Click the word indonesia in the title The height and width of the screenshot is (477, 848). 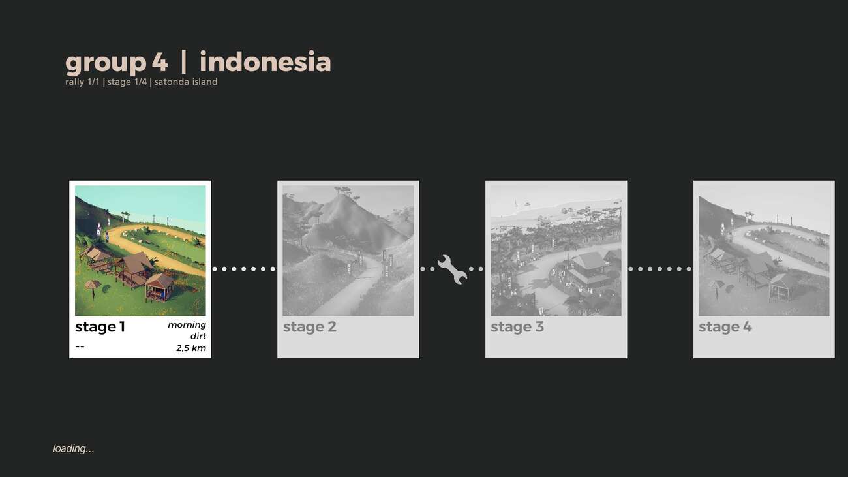tap(265, 61)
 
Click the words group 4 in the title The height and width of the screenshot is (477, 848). tap(116, 63)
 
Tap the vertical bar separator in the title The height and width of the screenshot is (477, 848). tap(183, 62)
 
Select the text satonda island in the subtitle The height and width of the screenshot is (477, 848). tap(186, 82)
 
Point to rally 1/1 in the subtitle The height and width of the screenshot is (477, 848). tap(82, 82)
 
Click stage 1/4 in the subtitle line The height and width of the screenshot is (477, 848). tap(127, 82)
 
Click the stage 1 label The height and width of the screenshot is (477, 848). tap(100, 327)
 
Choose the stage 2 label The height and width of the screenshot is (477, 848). tap(309, 327)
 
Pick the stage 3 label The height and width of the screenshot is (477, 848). tap(517, 327)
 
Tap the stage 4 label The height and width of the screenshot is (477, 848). tap(725, 327)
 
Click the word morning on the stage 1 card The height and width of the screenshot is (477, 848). tap(187, 325)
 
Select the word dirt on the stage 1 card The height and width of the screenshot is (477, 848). tap(198, 336)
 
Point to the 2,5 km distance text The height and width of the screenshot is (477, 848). tap(191, 348)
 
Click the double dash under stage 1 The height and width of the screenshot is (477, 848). tap(80, 346)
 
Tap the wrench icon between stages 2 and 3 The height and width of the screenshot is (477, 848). tap(452, 269)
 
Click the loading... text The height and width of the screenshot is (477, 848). tap(74, 448)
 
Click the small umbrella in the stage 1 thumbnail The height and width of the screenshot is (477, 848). tap(93, 288)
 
